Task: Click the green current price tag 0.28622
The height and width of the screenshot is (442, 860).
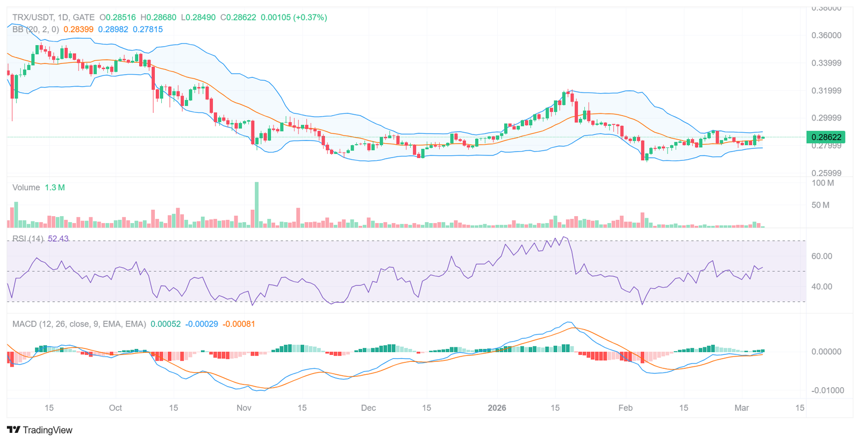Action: coord(826,137)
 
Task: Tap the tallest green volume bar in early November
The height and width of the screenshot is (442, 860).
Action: coord(256,204)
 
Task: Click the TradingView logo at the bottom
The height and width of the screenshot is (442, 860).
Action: coord(40,430)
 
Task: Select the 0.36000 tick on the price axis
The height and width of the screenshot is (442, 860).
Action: coord(826,35)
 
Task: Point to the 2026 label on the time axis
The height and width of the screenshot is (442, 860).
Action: coord(497,408)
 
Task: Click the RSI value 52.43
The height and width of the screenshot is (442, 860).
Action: coord(58,239)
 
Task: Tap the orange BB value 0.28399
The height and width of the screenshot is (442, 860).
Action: coord(78,30)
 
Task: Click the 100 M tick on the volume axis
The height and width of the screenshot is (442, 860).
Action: coord(822,183)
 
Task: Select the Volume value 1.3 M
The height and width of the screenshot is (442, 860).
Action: coord(55,188)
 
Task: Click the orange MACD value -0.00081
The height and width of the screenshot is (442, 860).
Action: coord(239,324)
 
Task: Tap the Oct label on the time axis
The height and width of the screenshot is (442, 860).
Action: coord(115,408)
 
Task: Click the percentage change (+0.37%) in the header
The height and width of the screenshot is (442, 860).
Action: coord(310,17)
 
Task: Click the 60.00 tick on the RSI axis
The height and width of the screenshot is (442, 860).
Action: coord(821,256)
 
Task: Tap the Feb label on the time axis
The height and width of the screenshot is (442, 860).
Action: coord(625,408)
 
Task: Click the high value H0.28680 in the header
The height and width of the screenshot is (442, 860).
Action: coord(158,17)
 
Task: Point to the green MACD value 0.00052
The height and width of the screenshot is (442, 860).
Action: coord(166,324)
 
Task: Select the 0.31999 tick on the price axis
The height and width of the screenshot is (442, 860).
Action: coord(826,90)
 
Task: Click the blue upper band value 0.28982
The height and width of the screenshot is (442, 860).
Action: coord(113,30)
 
